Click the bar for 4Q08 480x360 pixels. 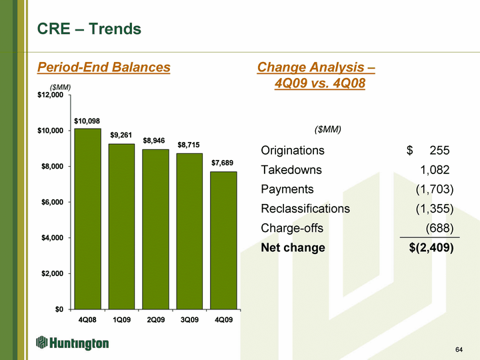tap(87, 219)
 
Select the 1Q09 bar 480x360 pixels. tap(121, 227)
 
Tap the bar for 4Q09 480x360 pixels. tap(223, 240)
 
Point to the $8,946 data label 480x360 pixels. tap(154, 141)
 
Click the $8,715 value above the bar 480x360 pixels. tap(189, 145)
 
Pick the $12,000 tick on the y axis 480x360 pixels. tap(50, 95)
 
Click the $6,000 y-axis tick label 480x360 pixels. tap(53, 202)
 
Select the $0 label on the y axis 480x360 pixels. tap(59, 309)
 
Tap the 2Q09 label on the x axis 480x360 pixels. tap(156, 320)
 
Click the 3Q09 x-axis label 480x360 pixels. tap(189, 320)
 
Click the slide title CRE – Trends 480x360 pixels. tap(89, 29)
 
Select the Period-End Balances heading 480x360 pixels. tap(104, 67)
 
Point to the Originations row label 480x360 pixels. tap(293, 150)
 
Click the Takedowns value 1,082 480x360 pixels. tap(435, 170)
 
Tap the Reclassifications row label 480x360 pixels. tap(305, 209)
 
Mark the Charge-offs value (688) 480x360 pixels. tap(439, 228)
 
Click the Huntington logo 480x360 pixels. tap(72, 343)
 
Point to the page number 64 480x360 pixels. tap(459, 349)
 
